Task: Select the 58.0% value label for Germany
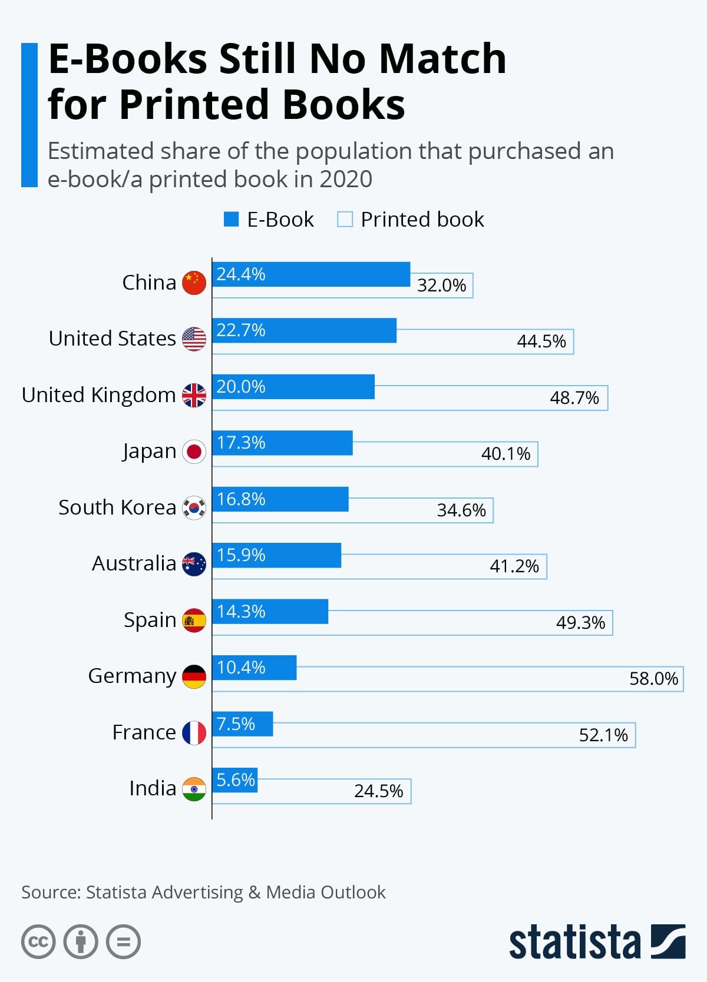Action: click(x=653, y=679)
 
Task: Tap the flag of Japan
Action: click(x=194, y=452)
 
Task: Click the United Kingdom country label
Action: click(x=98, y=395)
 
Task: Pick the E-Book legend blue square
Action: click(x=231, y=220)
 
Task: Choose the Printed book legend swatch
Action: click(x=345, y=220)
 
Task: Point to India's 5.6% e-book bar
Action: click(x=235, y=780)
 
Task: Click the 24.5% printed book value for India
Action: click(x=378, y=791)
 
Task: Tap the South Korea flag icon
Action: click(x=194, y=507)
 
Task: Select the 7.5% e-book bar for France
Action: click(x=242, y=724)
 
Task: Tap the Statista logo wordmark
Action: click(x=574, y=942)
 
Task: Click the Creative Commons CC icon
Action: click(x=38, y=942)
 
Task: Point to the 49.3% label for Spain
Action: click(x=580, y=623)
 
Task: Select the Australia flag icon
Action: click(x=194, y=564)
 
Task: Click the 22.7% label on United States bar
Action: click(x=240, y=330)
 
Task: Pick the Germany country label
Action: click(x=132, y=676)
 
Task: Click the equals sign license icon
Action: click(x=123, y=942)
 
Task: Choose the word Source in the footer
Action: click(x=51, y=893)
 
